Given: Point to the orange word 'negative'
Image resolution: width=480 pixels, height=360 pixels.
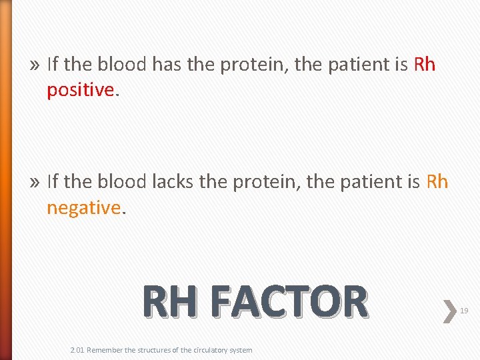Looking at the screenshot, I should point(83,208).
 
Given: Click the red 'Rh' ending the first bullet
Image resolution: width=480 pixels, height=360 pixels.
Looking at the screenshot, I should point(425,64).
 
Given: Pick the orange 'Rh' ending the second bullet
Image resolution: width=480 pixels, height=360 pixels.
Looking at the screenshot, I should point(437,181).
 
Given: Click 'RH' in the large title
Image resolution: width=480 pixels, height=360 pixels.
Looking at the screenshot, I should point(169,302).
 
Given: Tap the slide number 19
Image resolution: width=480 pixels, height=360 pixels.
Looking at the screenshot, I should point(465,310).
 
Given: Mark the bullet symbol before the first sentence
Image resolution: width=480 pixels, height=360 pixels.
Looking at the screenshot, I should point(35,65).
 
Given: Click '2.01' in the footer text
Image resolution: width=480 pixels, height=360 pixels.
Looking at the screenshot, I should point(77,350).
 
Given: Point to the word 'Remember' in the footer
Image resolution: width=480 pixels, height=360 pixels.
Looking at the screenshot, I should point(105,350).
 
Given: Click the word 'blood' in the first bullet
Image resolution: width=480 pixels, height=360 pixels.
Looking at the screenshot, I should point(123,64).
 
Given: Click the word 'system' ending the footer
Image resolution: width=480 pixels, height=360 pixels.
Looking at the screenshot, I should point(241,350).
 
